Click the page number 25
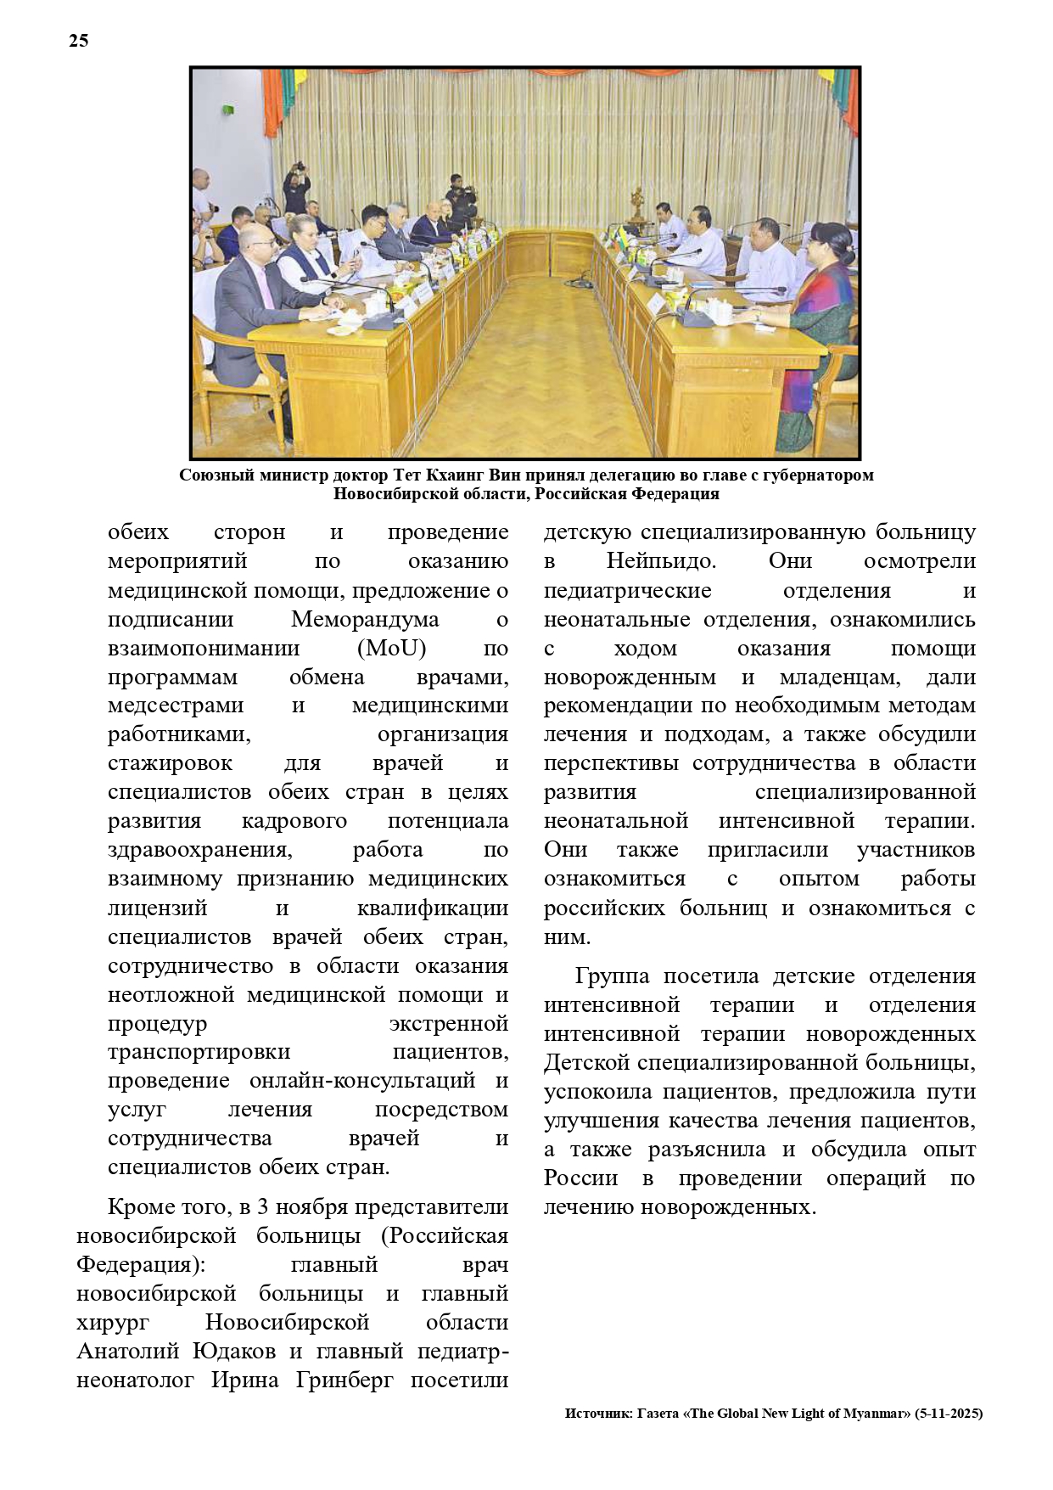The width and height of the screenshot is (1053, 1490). (78, 41)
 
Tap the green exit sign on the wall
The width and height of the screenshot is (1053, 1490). (228, 109)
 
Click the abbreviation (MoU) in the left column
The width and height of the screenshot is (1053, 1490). (392, 649)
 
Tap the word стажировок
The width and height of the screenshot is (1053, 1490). (171, 763)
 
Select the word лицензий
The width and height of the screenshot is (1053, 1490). (157, 908)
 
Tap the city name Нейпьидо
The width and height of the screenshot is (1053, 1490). (661, 561)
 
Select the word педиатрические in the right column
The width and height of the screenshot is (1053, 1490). (627, 591)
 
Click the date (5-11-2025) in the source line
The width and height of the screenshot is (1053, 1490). (949, 1414)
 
